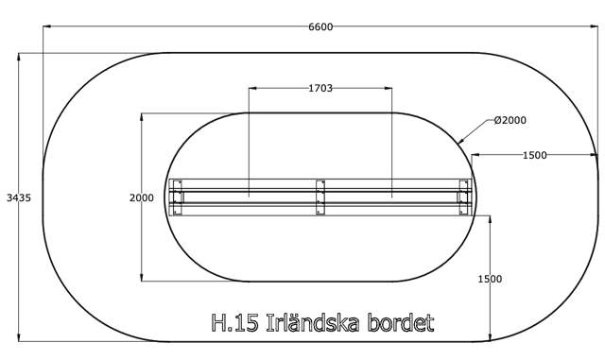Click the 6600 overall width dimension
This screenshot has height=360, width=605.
[320, 26]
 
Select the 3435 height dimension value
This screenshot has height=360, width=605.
[19, 197]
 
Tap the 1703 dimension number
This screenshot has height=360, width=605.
[320, 88]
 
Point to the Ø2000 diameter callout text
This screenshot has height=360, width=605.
[510, 120]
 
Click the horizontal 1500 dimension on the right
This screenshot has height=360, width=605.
[534, 155]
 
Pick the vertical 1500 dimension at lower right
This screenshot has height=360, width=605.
[490, 279]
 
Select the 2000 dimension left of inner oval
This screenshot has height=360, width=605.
[141, 197]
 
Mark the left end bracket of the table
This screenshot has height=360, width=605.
[176, 197]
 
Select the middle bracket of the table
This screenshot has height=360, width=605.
[320, 197]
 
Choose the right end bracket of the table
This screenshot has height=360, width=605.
[464, 197]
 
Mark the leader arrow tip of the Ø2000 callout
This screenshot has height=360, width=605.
[460, 142]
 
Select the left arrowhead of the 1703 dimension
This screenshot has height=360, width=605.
[252, 88]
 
